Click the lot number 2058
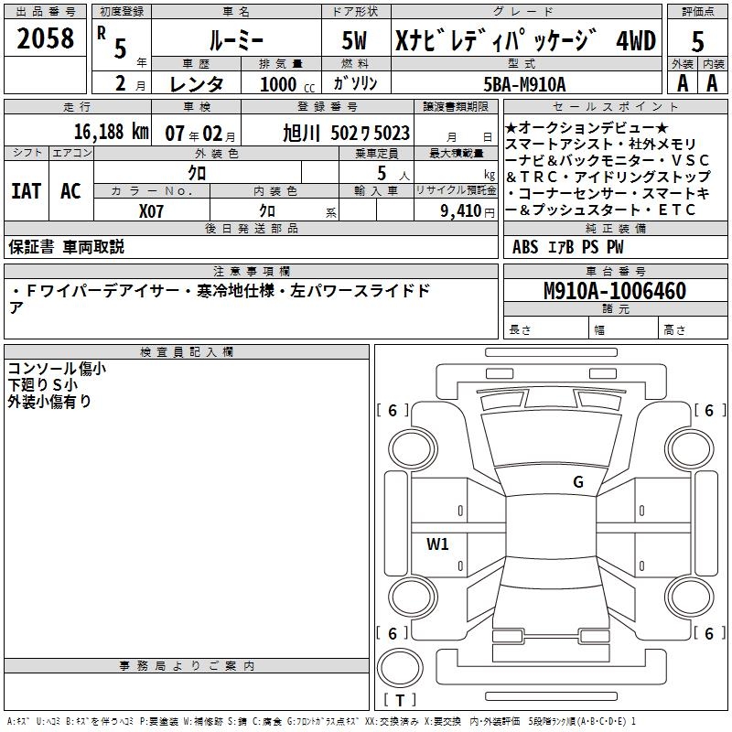point(45,38)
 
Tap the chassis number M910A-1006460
point(614,291)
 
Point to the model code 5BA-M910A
point(524,83)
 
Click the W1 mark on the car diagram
point(437,544)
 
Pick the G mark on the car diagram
point(577,482)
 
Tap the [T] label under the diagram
point(404,701)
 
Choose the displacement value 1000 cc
point(278,83)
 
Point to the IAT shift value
point(26,191)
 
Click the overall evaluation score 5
point(697,42)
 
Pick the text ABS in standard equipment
point(525,246)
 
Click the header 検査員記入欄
point(187,351)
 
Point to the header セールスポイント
point(613,106)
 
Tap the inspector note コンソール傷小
point(57,369)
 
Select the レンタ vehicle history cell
point(199,83)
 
